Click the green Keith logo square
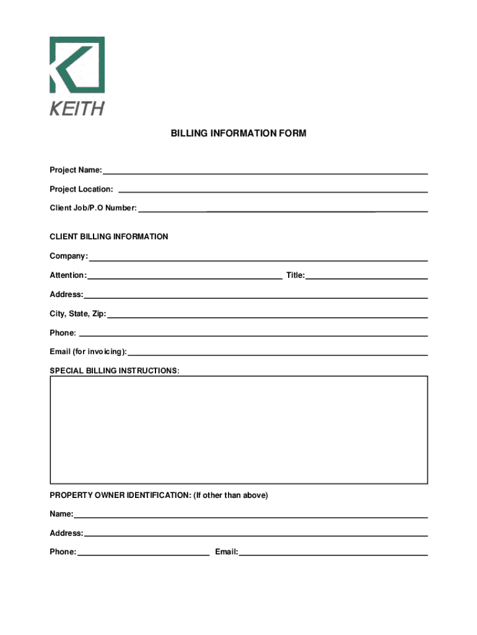click(77, 64)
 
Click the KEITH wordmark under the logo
click(77, 109)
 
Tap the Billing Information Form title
click(239, 133)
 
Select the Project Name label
click(76, 170)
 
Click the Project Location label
click(81, 189)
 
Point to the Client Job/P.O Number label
click(93, 208)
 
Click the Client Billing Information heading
click(108, 237)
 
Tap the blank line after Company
click(258, 257)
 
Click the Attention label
click(68, 275)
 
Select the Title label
click(295, 275)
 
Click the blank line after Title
click(367, 276)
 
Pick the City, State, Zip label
click(78, 314)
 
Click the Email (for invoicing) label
click(88, 352)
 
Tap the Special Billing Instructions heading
click(115, 371)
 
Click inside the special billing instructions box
click(239, 429)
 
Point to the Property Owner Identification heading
click(159, 495)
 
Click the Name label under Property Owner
click(61, 514)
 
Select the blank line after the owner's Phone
click(143, 553)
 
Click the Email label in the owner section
click(226, 552)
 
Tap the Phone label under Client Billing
click(63, 333)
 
